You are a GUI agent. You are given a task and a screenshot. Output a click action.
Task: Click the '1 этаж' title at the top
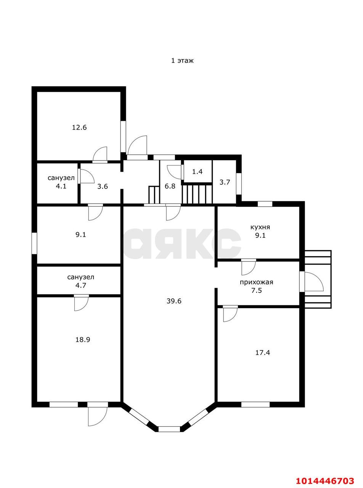182,60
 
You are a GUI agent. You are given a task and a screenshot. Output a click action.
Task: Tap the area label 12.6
79,127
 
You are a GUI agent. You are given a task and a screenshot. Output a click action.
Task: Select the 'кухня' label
260,227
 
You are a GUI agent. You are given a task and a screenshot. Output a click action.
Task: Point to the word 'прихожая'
256,283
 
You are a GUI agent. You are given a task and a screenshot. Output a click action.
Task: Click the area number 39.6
174,301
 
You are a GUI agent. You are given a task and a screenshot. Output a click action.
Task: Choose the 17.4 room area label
262,353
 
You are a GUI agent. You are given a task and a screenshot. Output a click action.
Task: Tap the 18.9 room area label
82,339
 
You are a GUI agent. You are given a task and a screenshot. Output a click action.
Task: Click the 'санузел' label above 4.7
80,277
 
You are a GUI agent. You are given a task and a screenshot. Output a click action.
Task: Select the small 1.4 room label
197,172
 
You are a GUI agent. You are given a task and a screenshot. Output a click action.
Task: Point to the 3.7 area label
225,182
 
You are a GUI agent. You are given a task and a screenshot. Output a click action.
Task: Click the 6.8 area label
170,186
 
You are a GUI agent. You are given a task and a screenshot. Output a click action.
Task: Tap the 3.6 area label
102,186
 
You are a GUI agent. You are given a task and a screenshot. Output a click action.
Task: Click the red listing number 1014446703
325,481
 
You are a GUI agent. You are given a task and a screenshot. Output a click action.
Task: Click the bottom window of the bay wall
169,429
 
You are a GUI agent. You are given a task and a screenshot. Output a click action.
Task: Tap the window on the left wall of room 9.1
34,243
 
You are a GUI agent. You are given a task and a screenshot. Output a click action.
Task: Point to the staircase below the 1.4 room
197,194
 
